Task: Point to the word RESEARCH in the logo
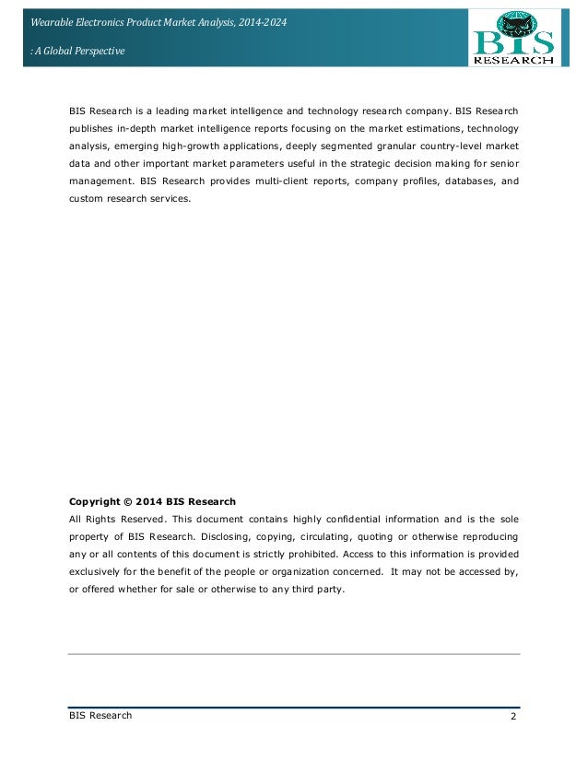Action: (x=514, y=60)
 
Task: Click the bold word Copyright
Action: (x=95, y=502)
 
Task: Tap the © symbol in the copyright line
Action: (x=129, y=502)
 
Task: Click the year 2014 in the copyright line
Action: (x=150, y=502)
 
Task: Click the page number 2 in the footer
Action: (x=512, y=717)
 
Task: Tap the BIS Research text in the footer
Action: (x=100, y=716)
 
